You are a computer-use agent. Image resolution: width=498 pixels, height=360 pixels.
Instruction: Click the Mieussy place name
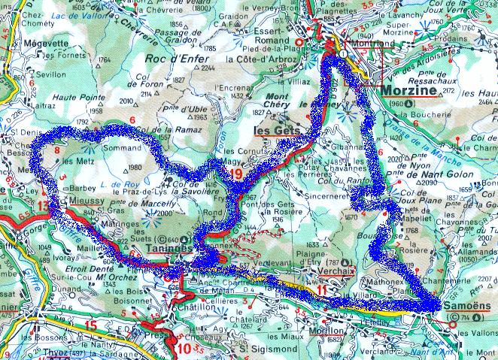pos(75,202)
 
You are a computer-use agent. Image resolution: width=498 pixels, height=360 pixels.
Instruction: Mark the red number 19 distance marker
pos(237,175)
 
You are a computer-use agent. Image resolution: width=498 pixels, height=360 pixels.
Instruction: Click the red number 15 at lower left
pos(91,325)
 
